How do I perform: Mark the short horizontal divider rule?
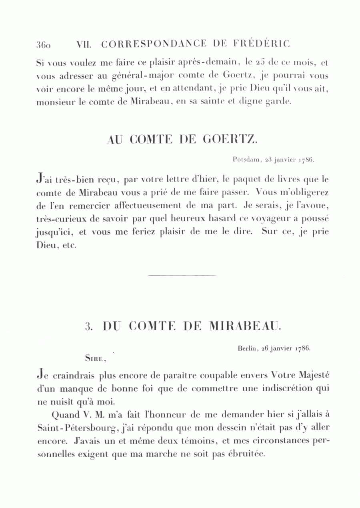point(182,275)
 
